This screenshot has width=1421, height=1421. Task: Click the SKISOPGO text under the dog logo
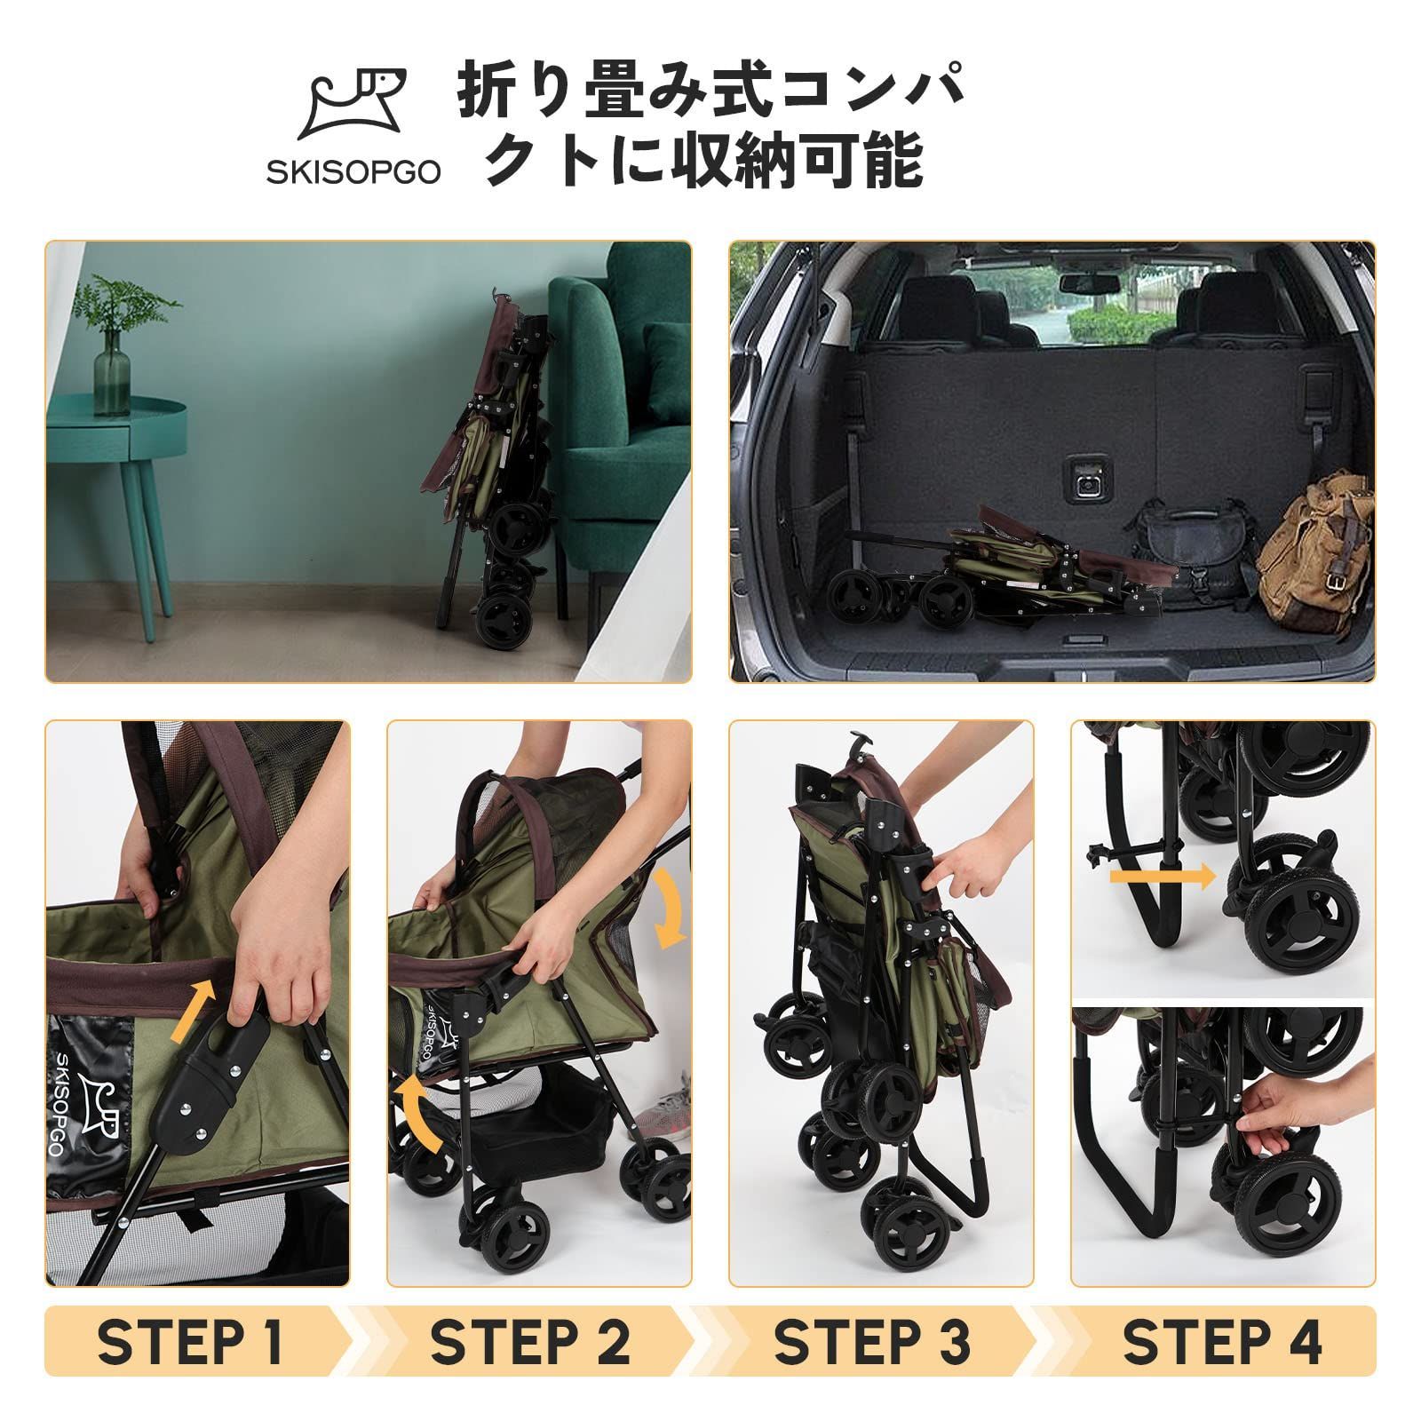[x=353, y=172]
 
